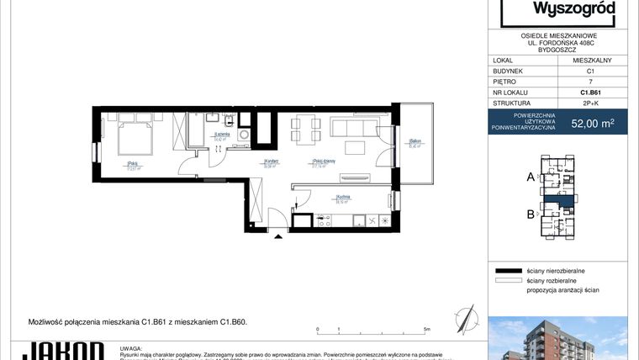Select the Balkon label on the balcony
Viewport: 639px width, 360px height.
point(414,142)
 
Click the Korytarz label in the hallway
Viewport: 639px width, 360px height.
point(271,162)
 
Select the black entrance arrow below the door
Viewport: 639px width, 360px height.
point(278,237)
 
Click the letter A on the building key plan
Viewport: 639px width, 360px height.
point(531,177)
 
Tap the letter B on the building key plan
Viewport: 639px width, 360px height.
point(531,214)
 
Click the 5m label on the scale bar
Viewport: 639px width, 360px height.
point(427,329)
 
